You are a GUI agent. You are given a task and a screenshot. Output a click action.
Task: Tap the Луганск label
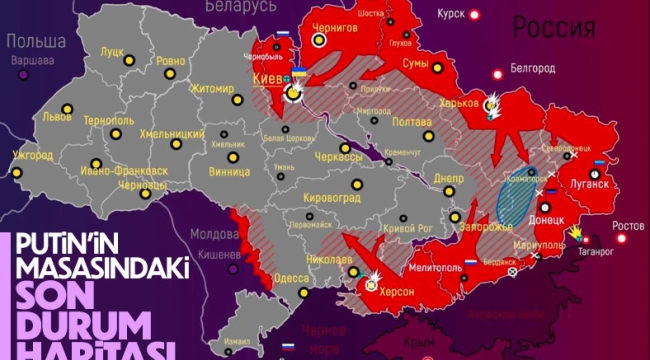590,184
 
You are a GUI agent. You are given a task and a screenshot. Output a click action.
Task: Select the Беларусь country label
239,7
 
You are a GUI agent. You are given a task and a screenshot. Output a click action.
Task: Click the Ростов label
628,224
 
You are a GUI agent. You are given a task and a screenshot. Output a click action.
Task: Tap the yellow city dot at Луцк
129,61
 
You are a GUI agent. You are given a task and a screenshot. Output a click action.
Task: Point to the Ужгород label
33,155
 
